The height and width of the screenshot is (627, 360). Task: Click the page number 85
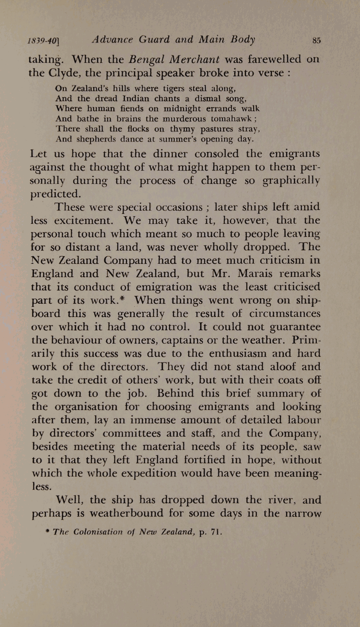pyautogui.click(x=316, y=40)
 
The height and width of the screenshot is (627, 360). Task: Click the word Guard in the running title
pyautogui.click(x=154, y=39)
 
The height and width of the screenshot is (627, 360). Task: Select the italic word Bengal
pyautogui.click(x=147, y=59)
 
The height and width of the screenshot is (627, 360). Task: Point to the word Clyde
pyautogui.click(x=64, y=73)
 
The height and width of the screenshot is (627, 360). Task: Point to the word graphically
pyautogui.click(x=291, y=181)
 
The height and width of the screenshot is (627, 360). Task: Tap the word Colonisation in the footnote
pyautogui.click(x=98, y=532)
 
